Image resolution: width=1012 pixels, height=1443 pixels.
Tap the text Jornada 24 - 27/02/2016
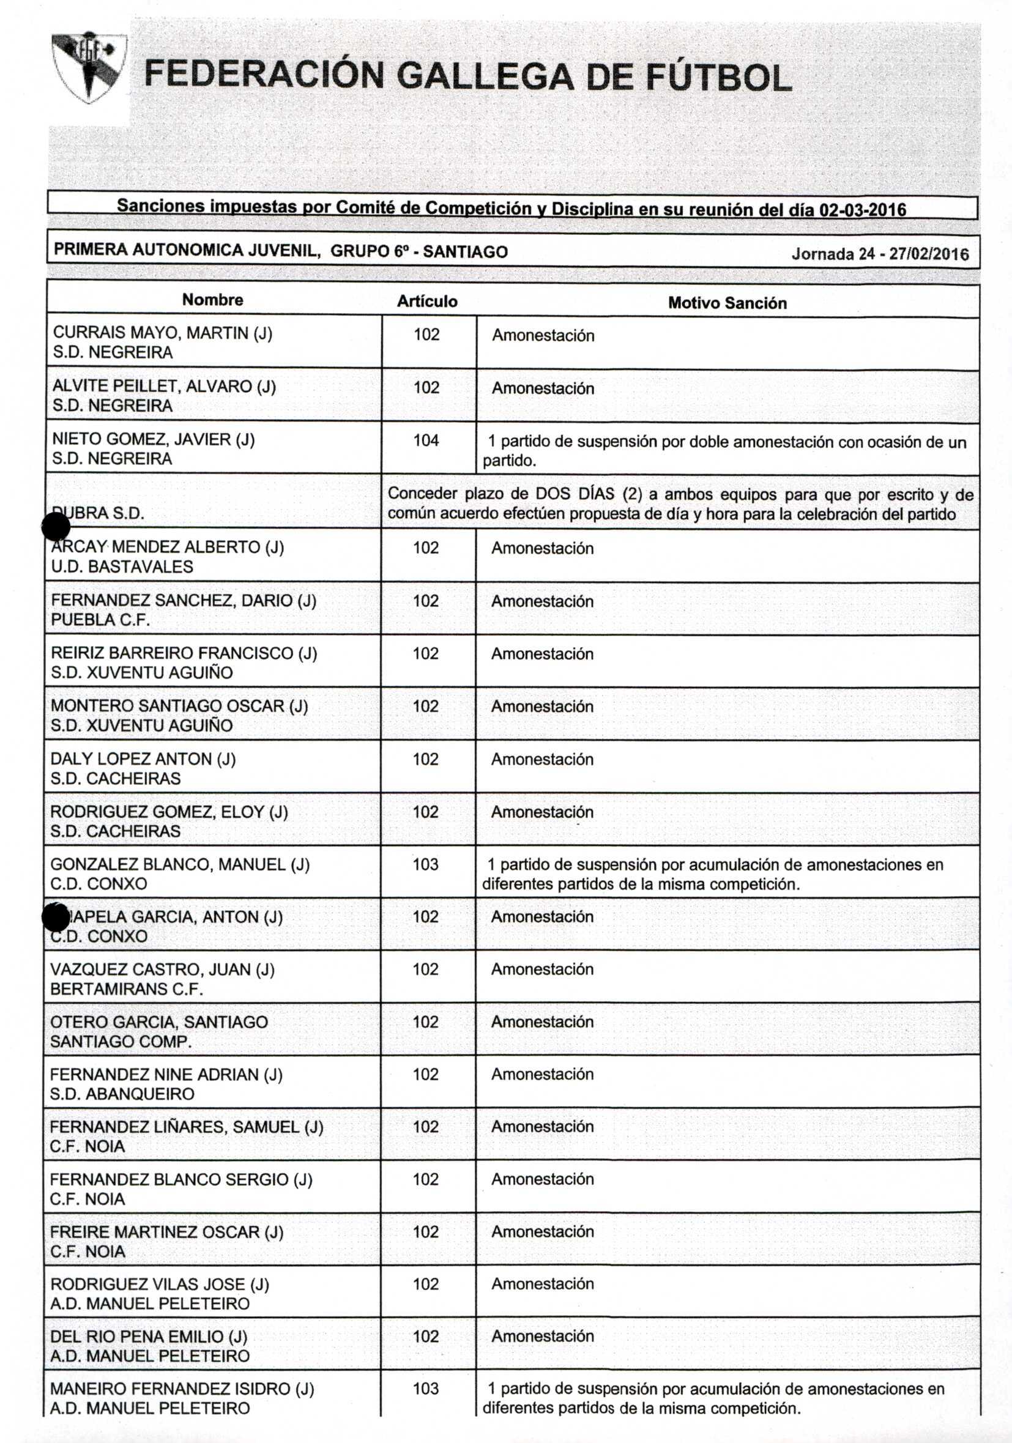(x=879, y=254)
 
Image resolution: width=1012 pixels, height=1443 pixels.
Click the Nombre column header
(x=212, y=300)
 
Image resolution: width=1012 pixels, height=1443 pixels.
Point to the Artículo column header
(x=427, y=302)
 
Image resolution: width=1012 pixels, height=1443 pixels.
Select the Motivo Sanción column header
(x=727, y=303)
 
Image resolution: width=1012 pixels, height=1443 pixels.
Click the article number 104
(x=426, y=440)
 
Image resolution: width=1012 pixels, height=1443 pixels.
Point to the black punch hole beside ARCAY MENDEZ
(x=55, y=526)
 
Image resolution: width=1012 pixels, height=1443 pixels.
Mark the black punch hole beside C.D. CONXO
(x=55, y=918)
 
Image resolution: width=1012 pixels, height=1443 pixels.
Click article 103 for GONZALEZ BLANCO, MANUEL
(x=426, y=864)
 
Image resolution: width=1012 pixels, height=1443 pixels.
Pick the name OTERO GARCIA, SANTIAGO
(x=159, y=1022)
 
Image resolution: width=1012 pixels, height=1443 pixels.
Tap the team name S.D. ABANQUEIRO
(x=122, y=1094)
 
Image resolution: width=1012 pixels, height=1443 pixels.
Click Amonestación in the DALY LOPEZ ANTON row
(x=542, y=759)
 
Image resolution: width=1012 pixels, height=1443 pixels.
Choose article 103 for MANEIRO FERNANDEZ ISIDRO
(x=426, y=1389)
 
